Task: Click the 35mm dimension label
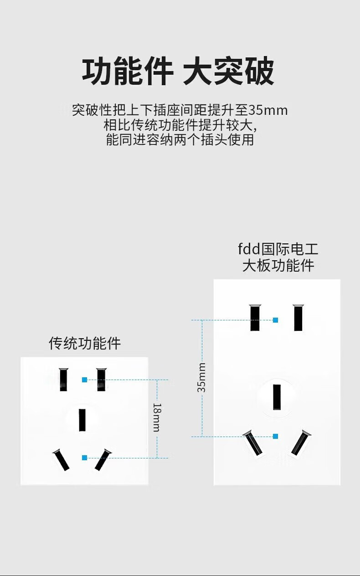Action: [201, 377]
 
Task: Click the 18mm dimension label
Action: [156, 417]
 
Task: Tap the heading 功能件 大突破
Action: [178, 72]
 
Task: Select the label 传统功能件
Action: [85, 343]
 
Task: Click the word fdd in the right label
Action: [249, 249]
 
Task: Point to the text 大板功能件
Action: [278, 265]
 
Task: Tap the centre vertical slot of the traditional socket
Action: [82, 420]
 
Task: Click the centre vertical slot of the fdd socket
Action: [277, 397]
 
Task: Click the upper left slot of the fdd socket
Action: [255, 318]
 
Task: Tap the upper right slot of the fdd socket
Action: [298, 318]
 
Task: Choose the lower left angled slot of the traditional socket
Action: [61, 460]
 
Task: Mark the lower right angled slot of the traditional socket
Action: [103, 460]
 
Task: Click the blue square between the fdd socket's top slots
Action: [275, 320]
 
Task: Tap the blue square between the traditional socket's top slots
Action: [84, 380]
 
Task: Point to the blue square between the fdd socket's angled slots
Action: [275, 437]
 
